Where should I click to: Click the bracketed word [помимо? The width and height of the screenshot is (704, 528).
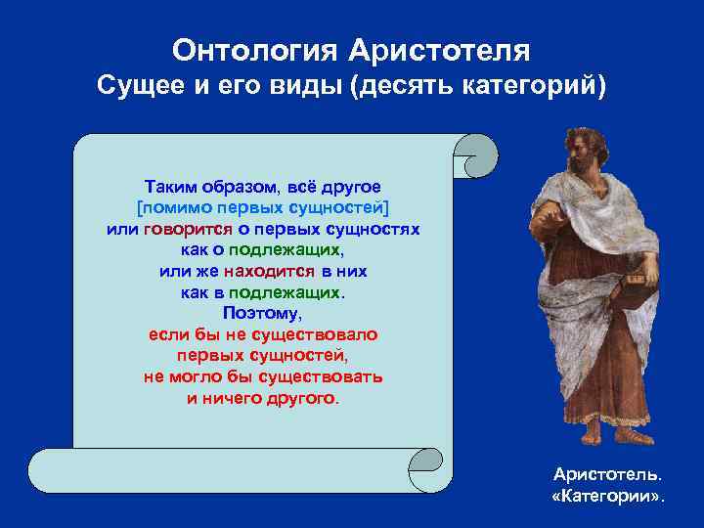click(x=168, y=207)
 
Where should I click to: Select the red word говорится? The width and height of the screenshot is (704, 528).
click(x=187, y=229)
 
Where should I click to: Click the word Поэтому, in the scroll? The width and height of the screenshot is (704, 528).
click(x=262, y=313)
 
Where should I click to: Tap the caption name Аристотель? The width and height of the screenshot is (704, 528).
click(x=607, y=474)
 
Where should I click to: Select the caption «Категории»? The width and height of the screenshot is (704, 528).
click(x=607, y=496)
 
